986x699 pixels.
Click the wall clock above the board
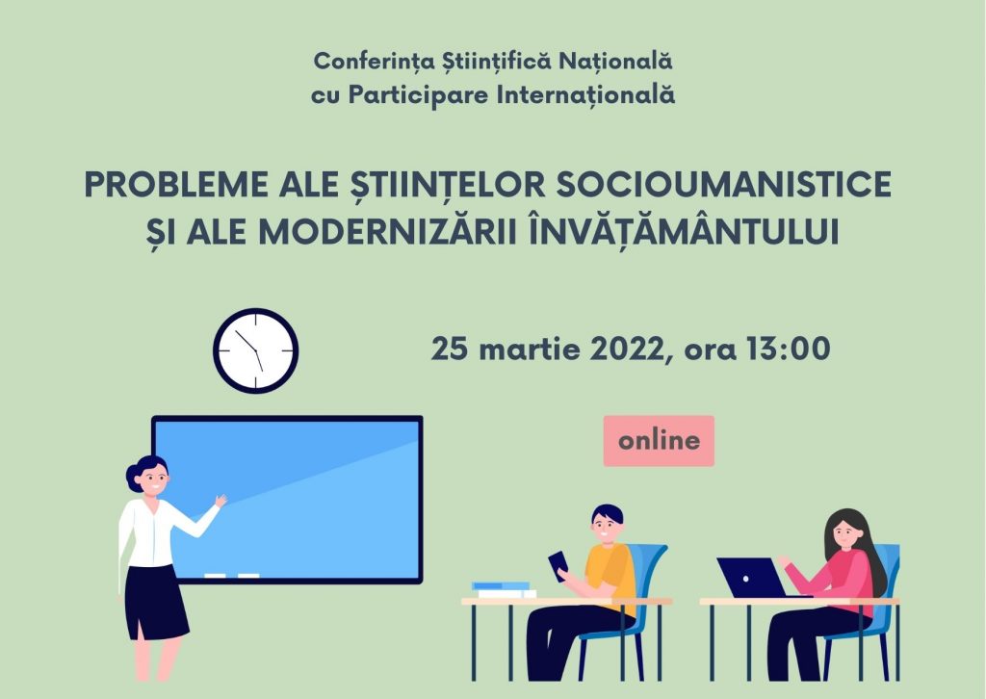(256, 350)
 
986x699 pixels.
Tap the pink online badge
(659, 441)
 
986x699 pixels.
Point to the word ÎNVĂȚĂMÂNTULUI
(684, 231)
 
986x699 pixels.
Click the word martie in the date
(529, 349)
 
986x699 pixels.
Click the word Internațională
(585, 95)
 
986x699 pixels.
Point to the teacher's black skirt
(154, 602)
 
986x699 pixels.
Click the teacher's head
(148, 476)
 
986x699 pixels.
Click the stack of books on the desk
(505, 590)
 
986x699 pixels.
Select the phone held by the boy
(558, 564)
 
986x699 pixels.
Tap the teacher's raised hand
(221, 501)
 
